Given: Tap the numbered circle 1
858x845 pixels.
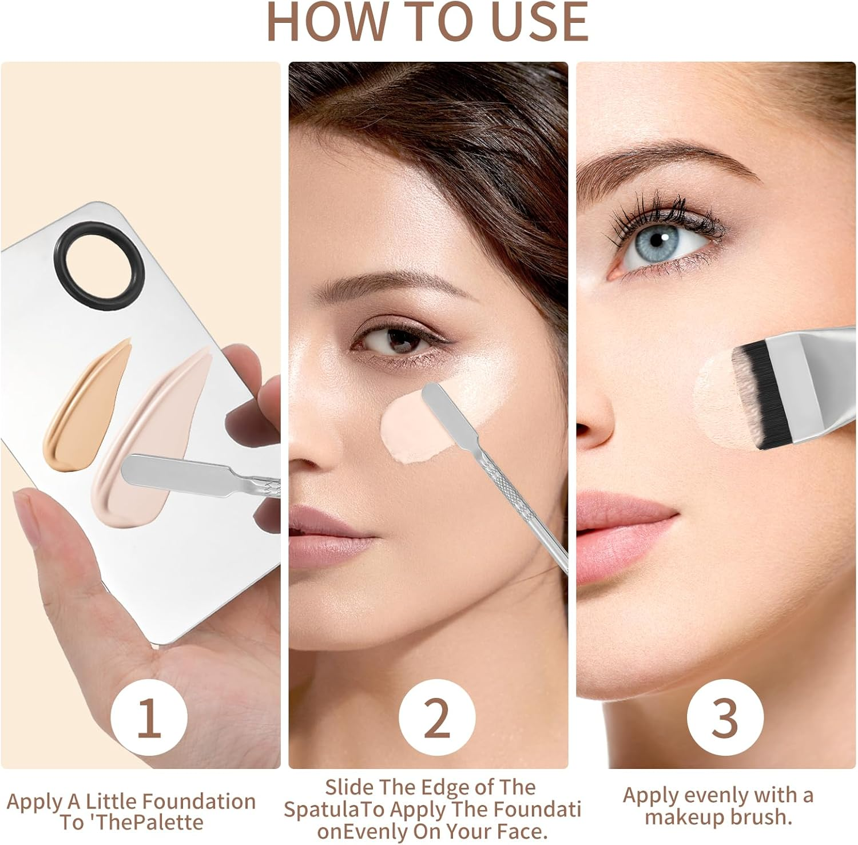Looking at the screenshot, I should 149,716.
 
